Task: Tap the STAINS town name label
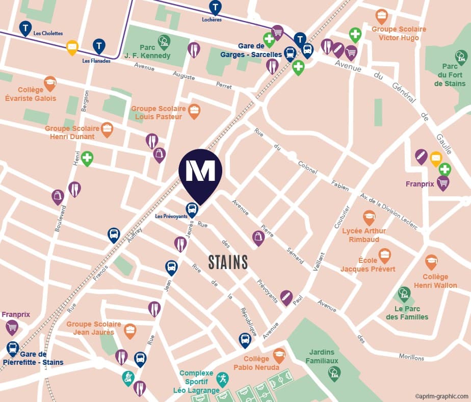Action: point(228,262)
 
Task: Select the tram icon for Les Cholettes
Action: point(25,28)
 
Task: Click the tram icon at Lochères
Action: point(216,7)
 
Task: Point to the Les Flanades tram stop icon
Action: point(99,46)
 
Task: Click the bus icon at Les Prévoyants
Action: point(192,208)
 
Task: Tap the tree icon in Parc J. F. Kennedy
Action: point(164,40)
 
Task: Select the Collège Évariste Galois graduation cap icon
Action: point(50,83)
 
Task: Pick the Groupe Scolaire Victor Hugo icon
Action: point(381,15)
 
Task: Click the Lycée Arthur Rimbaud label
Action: point(364,235)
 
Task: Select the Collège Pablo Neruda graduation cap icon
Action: point(279,354)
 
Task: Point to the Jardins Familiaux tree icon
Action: point(334,373)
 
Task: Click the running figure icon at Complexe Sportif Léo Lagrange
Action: point(222,378)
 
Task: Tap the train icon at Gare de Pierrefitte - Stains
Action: point(13,348)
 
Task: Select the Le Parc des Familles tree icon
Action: point(404,293)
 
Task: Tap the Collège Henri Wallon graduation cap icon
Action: point(431,261)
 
